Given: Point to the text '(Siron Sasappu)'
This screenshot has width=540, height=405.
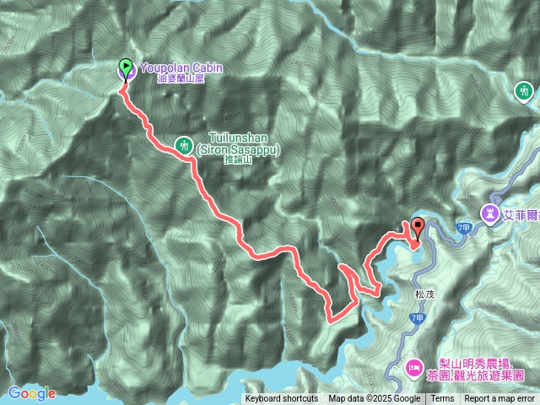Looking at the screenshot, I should [238, 149].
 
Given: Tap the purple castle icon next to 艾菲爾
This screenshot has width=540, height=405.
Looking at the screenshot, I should [489, 211].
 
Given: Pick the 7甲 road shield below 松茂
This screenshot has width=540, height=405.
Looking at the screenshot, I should [418, 317].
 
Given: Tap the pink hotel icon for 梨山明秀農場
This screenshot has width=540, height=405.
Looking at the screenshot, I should [413, 366].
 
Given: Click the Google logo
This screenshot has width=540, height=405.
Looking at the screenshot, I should [31, 393].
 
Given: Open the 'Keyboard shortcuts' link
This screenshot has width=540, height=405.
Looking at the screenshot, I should [282, 399].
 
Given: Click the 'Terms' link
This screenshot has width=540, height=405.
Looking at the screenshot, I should [441, 399].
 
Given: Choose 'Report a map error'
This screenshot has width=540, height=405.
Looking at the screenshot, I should [499, 399].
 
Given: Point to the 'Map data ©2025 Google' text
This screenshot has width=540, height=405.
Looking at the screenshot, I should [374, 399].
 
